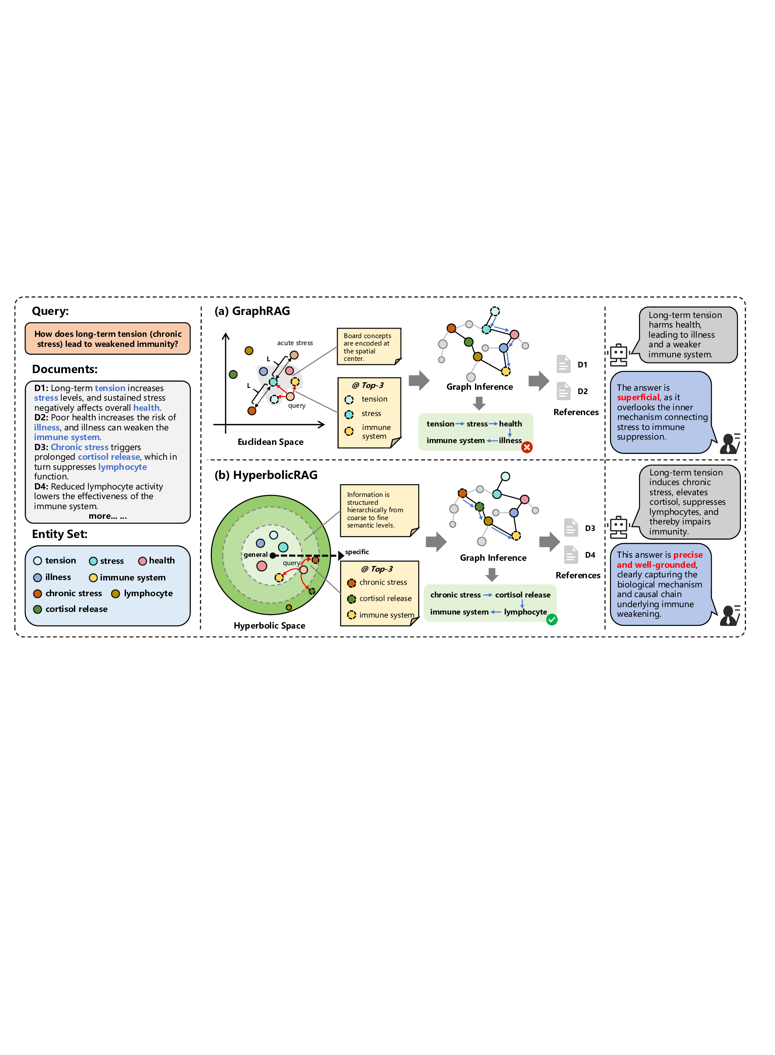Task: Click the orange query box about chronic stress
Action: (108, 339)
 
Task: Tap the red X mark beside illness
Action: (527, 447)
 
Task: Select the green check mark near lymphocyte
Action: (552, 620)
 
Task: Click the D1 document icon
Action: (563, 364)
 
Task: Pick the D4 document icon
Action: (570, 555)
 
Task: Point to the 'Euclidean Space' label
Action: (270, 442)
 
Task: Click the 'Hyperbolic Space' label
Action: (269, 625)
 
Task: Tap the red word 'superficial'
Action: (638, 397)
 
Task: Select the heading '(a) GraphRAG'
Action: (252, 311)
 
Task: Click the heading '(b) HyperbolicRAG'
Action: (265, 475)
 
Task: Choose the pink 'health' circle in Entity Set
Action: (143, 561)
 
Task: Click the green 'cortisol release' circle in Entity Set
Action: (38, 609)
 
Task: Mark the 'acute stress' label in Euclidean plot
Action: (295, 343)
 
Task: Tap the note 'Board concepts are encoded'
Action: (368, 347)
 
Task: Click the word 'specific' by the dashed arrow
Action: (357, 552)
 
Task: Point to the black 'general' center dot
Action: (272, 555)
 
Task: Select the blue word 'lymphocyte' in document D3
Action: (122, 467)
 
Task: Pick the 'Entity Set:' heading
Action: (59, 534)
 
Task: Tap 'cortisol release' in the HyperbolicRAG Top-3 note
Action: (385, 598)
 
